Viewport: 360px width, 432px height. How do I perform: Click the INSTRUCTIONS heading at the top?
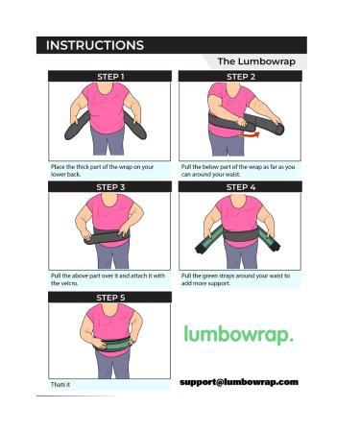coord(95,45)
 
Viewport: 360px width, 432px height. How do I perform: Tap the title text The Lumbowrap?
coord(260,60)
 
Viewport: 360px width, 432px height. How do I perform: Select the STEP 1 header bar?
coord(110,76)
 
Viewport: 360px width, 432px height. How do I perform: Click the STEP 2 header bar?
coord(240,76)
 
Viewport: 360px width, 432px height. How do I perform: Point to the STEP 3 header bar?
coord(110,186)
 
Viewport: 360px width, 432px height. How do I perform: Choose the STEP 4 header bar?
coord(240,186)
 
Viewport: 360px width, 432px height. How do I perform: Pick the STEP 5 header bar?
coord(110,298)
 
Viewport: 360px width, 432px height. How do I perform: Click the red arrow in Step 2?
coord(253,135)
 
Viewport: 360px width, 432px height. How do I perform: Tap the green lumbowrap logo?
coord(238,336)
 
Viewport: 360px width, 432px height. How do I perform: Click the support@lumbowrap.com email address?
coord(238,382)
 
